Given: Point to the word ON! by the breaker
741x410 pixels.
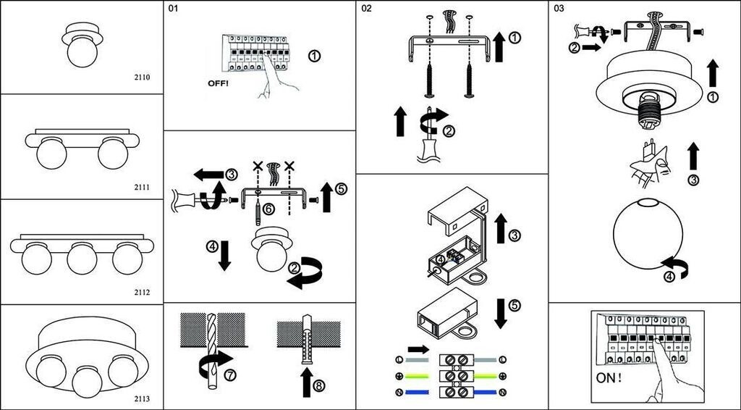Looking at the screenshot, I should [610, 378].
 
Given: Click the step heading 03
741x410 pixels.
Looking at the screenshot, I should [558, 9].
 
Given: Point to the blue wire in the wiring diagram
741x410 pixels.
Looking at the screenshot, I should [415, 392].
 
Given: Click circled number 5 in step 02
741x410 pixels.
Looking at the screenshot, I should [513, 305].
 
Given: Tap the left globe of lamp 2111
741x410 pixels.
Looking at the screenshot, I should [51, 154].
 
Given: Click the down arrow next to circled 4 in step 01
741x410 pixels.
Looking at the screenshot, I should [225, 256].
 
